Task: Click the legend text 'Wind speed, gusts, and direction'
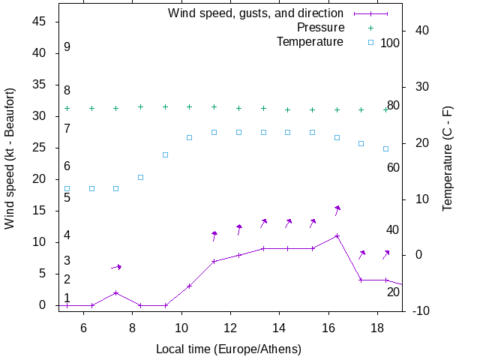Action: [256, 13]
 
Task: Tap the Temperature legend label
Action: [310, 41]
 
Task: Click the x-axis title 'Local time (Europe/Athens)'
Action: [229, 349]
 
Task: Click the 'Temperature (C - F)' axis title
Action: [448, 158]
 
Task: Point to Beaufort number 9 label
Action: [67, 46]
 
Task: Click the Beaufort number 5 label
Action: [67, 197]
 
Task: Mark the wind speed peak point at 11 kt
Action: [337, 235]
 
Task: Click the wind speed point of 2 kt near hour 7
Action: [115, 292]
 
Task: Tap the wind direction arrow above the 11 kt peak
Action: [337, 210]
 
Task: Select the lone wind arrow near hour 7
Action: [116, 266]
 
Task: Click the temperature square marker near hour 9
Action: [165, 154]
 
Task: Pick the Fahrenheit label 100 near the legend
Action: [390, 43]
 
